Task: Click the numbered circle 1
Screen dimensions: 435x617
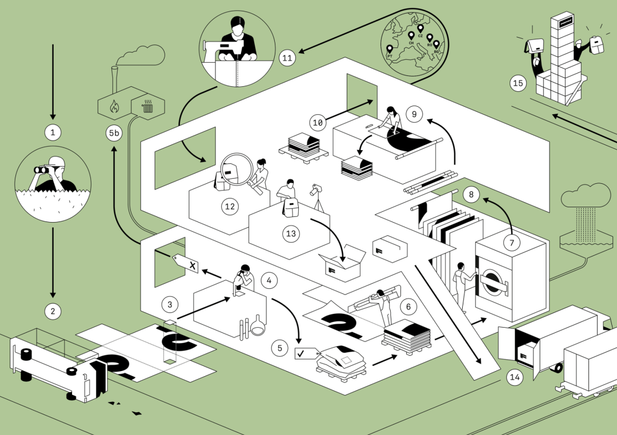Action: pyautogui.click(x=53, y=133)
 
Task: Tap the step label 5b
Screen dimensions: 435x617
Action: pyautogui.click(x=114, y=134)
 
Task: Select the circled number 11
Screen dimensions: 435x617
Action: pyautogui.click(x=287, y=58)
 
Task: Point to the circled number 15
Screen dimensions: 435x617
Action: pyautogui.click(x=518, y=84)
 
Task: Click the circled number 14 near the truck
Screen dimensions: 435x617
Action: pyautogui.click(x=515, y=377)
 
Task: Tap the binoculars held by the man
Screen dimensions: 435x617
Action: pyautogui.click(x=43, y=170)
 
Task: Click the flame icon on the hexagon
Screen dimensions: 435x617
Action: pyautogui.click(x=114, y=105)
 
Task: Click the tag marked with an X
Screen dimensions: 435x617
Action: pyautogui.click(x=188, y=264)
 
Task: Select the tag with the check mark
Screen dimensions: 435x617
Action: pyautogui.click(x=303, y=354)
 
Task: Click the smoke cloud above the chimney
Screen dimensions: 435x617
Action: pyautogui.click(x=142, y=55)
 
